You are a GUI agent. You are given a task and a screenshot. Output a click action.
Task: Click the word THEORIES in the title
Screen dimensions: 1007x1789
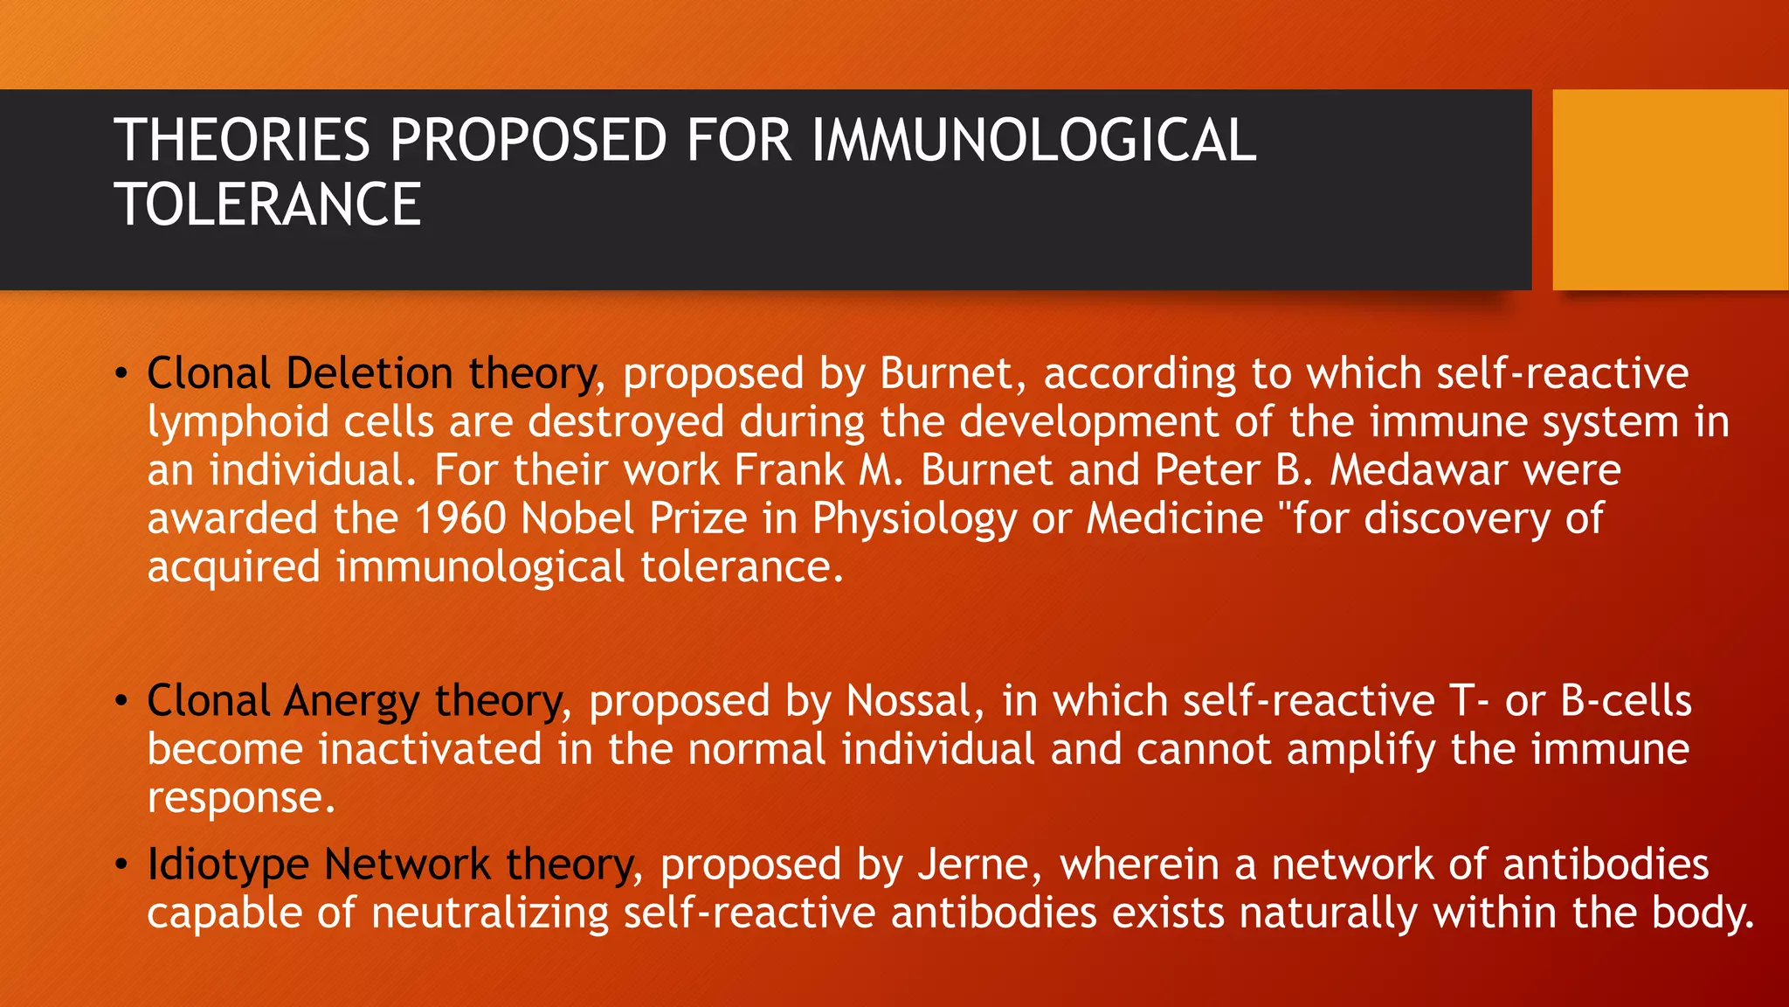(x=242, y=141)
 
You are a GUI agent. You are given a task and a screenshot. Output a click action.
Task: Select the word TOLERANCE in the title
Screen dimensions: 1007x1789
(x=267, y=205)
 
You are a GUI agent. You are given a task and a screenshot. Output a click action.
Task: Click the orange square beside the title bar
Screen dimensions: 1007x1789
(x=1670, y=190)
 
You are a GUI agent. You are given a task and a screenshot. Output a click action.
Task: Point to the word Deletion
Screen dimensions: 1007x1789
(x=370, y=374)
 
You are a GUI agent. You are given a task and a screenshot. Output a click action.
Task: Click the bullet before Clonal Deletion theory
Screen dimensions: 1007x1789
(x=121, y=374)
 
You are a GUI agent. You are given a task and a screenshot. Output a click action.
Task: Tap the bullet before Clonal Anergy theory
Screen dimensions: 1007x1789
(x=121, y=701)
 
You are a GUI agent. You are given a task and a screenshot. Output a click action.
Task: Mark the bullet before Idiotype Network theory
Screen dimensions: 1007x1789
(x=121, y=865)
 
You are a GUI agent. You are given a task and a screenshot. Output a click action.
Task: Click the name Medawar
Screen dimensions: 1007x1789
(x=1419, y=470)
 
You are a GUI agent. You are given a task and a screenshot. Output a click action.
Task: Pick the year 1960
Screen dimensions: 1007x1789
(x=459, y=518)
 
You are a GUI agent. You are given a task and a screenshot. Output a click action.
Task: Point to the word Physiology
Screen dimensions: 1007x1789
(x=915, y=520)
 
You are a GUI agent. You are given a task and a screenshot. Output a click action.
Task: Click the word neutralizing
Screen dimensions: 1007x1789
(x=489, y=914)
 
